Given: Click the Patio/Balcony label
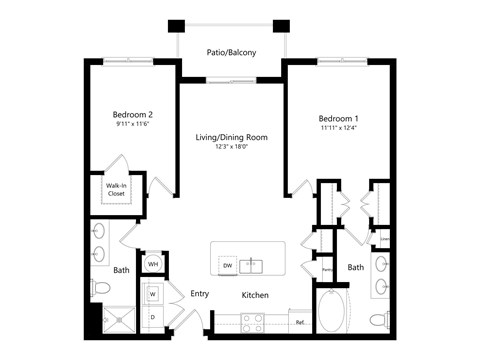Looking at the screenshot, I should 229,51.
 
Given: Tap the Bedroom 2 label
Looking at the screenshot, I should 132,114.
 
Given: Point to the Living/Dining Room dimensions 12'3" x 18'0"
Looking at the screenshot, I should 229,147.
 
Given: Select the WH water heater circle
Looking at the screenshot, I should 153,264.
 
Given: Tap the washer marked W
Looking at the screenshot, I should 153,294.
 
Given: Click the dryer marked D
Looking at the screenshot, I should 153,317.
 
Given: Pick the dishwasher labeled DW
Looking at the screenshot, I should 228,265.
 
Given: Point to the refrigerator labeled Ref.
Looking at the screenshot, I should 299,322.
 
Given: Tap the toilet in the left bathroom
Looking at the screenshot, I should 100,289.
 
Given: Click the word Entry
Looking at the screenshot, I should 198,294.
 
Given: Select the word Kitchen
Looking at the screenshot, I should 255,295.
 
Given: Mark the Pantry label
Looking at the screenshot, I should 327,269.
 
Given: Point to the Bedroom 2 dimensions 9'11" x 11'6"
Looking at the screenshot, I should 132,126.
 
